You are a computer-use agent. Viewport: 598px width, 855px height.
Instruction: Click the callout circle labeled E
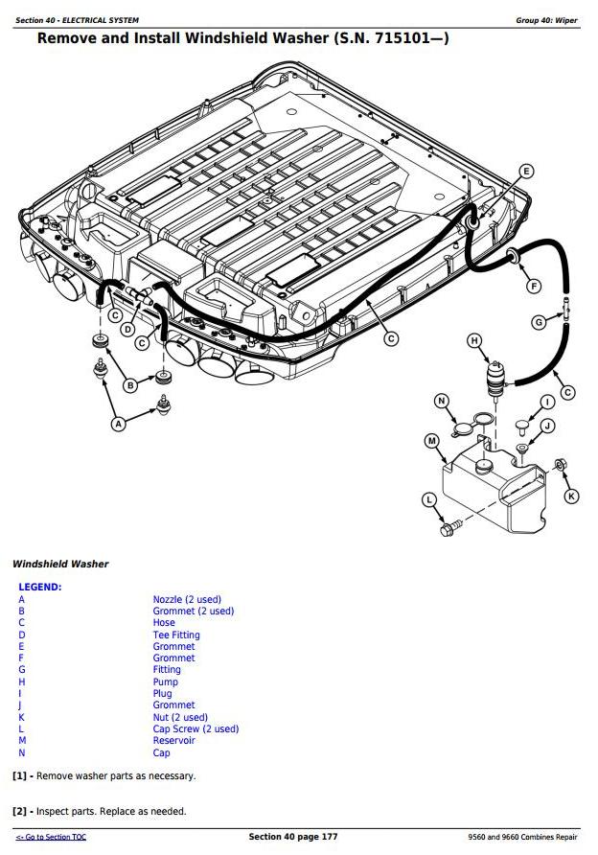525,172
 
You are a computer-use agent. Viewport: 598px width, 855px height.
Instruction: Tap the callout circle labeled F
534,285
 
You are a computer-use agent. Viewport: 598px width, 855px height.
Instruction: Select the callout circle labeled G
540,322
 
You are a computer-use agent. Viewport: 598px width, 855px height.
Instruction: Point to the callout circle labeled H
473,340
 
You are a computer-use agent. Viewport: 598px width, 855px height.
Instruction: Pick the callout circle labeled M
431,441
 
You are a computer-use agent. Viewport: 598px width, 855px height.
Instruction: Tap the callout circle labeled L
428,498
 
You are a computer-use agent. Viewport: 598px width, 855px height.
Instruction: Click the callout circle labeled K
572,496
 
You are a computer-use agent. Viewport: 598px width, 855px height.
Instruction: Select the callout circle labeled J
547,426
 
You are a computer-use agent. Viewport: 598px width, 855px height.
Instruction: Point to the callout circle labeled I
547,402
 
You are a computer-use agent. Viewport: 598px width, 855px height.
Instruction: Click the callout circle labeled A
119,423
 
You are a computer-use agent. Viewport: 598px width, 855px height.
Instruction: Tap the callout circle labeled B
130,385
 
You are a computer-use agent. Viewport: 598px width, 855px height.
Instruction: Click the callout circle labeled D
127,329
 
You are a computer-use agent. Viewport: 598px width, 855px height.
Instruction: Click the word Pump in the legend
165,682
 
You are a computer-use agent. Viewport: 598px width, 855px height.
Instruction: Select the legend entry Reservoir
173,741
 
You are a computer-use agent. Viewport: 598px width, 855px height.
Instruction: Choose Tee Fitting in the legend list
176,635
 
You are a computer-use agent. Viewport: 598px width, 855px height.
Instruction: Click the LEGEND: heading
39,587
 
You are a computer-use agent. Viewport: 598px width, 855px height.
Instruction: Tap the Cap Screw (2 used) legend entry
195,729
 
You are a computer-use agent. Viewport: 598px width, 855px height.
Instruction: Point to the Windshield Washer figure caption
60,565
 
